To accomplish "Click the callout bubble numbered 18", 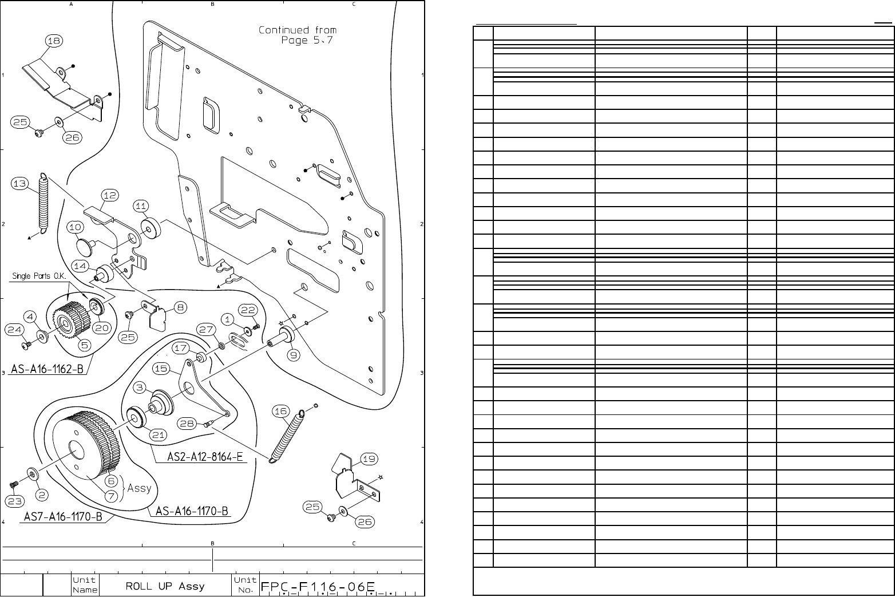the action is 55,41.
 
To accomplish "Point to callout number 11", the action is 141,206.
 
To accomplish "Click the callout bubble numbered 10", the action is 76,227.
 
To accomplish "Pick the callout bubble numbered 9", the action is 294,355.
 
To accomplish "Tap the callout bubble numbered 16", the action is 280,411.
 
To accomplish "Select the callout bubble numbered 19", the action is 369,458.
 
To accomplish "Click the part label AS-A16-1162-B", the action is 49,370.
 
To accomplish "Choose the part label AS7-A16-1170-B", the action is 63,517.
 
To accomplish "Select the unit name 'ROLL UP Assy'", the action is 165,587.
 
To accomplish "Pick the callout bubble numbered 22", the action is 248,310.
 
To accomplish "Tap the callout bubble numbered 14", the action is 81,266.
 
